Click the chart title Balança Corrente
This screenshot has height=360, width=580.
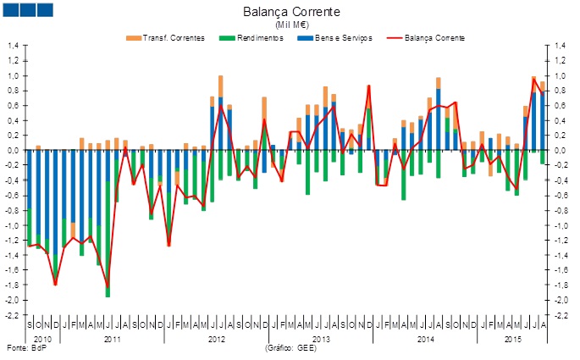click(291, 13)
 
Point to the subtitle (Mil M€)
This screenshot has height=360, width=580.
click(291, 26)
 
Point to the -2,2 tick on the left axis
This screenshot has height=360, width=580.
click(14, 315)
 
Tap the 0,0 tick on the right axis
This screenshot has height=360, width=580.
click(560, 151)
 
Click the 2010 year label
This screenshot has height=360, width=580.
click(42, 339)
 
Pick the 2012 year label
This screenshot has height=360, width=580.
click(218, 339)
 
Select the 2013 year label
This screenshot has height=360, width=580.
click(322, 339)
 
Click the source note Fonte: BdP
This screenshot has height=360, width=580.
click(24, 349)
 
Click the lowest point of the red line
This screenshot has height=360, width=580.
click(108, 288)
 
